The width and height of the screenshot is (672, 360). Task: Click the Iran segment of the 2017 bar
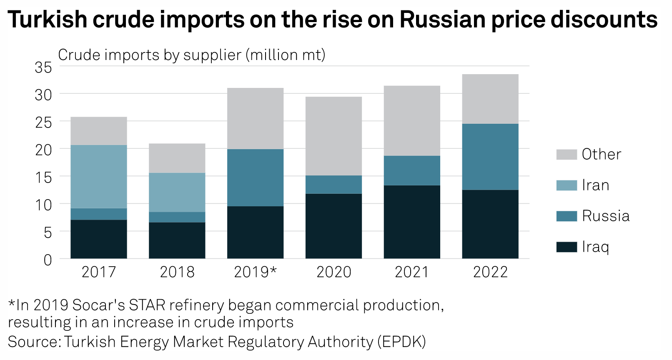pyautogui.click(x=99, y=176)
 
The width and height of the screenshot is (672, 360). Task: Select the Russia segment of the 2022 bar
pyautogui.click(x=490, y=157)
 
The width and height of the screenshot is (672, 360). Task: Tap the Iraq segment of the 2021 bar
pyautogui.click(x=412, y=222)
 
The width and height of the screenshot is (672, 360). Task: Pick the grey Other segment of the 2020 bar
pyautogui.click(x=333, y=136)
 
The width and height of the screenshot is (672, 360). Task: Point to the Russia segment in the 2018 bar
pyautogui.click(x=177, y=217)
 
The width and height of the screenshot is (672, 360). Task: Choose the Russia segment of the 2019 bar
pyautogui.click(x=255, y=177)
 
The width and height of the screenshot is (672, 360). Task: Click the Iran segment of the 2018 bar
pyautogui.click(x=177, y=192)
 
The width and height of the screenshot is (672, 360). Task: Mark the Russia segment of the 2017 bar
pyautogui.click(x=99, y=214)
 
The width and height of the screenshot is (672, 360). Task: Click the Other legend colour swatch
pyautogui.click(x=567, y=155)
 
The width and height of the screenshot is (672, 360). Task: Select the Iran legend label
pyautogui.click(x=595, y=185)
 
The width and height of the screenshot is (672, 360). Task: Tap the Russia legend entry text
pyautogui.click(x=605, y=216)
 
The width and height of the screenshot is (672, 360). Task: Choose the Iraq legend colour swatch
pyautogui.click(x=567, y=247)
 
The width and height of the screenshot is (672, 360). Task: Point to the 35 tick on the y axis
pyautogui.click(x=43, y=67)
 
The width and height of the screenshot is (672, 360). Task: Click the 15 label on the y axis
pyautogui.click(x=43, y=177)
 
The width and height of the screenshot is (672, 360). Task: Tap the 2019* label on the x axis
pyautogui.click(x=255, y=272)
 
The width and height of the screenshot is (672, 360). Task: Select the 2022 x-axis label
pyautogui.click(x=490, y=272)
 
